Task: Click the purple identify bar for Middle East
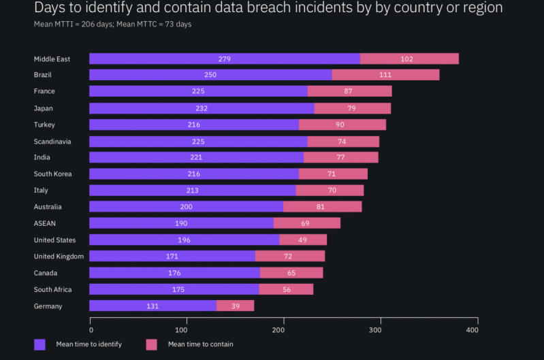click(x=224, y=59)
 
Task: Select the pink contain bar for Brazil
click(x=385, y=75)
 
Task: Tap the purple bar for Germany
click(x=153, y=306)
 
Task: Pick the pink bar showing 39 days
click(x=235, y=306)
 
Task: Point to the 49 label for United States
click(x=302, y=240)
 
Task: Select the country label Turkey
click(x=44, y=125)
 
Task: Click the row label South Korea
click(x=52, y=174)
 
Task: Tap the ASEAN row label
click(x=45, y=223)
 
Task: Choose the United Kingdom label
click(x=59, y=256)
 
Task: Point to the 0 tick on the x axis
click(x=91, y=330)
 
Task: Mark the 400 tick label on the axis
click(x=473, y=330)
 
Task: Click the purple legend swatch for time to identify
click(x=39, y=344)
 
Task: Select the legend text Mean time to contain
click(x=200, y=344)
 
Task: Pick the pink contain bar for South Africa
click(x=286, y=289)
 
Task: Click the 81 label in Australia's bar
click(x=323, y=207)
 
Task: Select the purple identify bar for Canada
click(x=174, y=273)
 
